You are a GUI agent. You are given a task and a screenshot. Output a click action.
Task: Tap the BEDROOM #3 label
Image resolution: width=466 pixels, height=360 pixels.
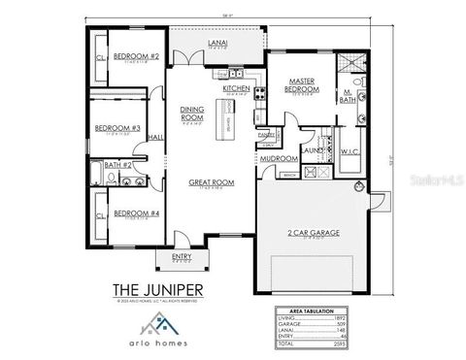117,128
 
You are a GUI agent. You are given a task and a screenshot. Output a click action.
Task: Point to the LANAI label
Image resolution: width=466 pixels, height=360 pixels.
218,44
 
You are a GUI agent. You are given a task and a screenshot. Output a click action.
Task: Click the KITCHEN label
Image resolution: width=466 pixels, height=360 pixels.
237,88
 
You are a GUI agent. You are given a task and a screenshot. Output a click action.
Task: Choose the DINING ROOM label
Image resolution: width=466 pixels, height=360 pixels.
192,115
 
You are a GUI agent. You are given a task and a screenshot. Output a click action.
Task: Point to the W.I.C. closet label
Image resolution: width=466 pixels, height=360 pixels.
350,151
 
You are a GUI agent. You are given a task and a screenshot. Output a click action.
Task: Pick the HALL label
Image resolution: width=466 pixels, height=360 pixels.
155,138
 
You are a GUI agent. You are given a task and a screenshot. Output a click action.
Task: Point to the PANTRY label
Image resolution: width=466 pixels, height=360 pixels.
264,135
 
